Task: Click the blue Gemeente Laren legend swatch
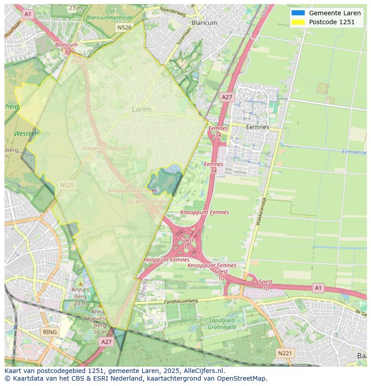click(x=298, y=13)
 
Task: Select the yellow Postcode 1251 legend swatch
click(x=298, y=22)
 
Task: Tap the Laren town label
click(x=142, y=109)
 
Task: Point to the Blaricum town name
click(x=204, y=22)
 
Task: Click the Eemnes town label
click(x=258, y=127)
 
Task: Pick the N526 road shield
click(x=124, y=27)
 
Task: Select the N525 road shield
click(x=67, y=185)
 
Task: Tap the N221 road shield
click(x=285, y=353)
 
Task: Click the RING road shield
click(x=49, y=332)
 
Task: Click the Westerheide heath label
click(x=32, y=134)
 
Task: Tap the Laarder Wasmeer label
click(x=108, y=267)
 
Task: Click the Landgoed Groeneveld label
click(x=222, y=324)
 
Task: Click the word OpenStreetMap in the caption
click(x=242, y=378)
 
